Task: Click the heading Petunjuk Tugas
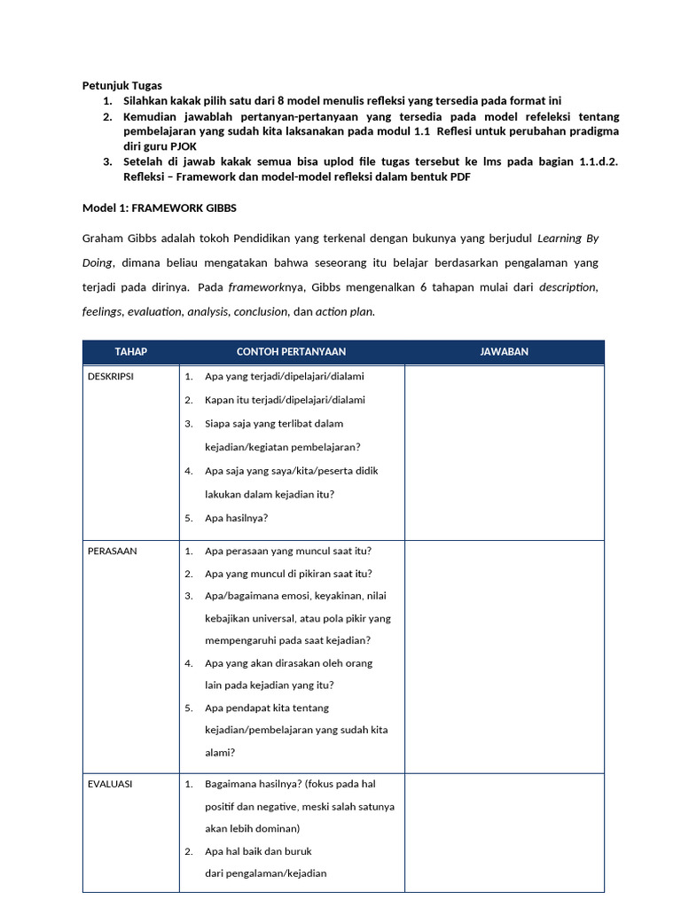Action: click(121, 86)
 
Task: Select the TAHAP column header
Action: click(130, 352)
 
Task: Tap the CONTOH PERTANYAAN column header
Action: click(291, 352)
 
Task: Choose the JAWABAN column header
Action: click(504, 352)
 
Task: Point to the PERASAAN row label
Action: click(112, 551)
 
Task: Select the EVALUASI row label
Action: click(110, 785)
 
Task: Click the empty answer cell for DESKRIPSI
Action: click(504, 452)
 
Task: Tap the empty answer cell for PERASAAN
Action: click(504, 656)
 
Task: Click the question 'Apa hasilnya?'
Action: click(236, 518)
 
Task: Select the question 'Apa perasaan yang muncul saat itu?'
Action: click(288, 551)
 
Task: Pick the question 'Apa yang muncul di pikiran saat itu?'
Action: click(288, 574)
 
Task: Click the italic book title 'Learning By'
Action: click(572, 239)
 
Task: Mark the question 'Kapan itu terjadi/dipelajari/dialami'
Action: click(285, 400)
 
